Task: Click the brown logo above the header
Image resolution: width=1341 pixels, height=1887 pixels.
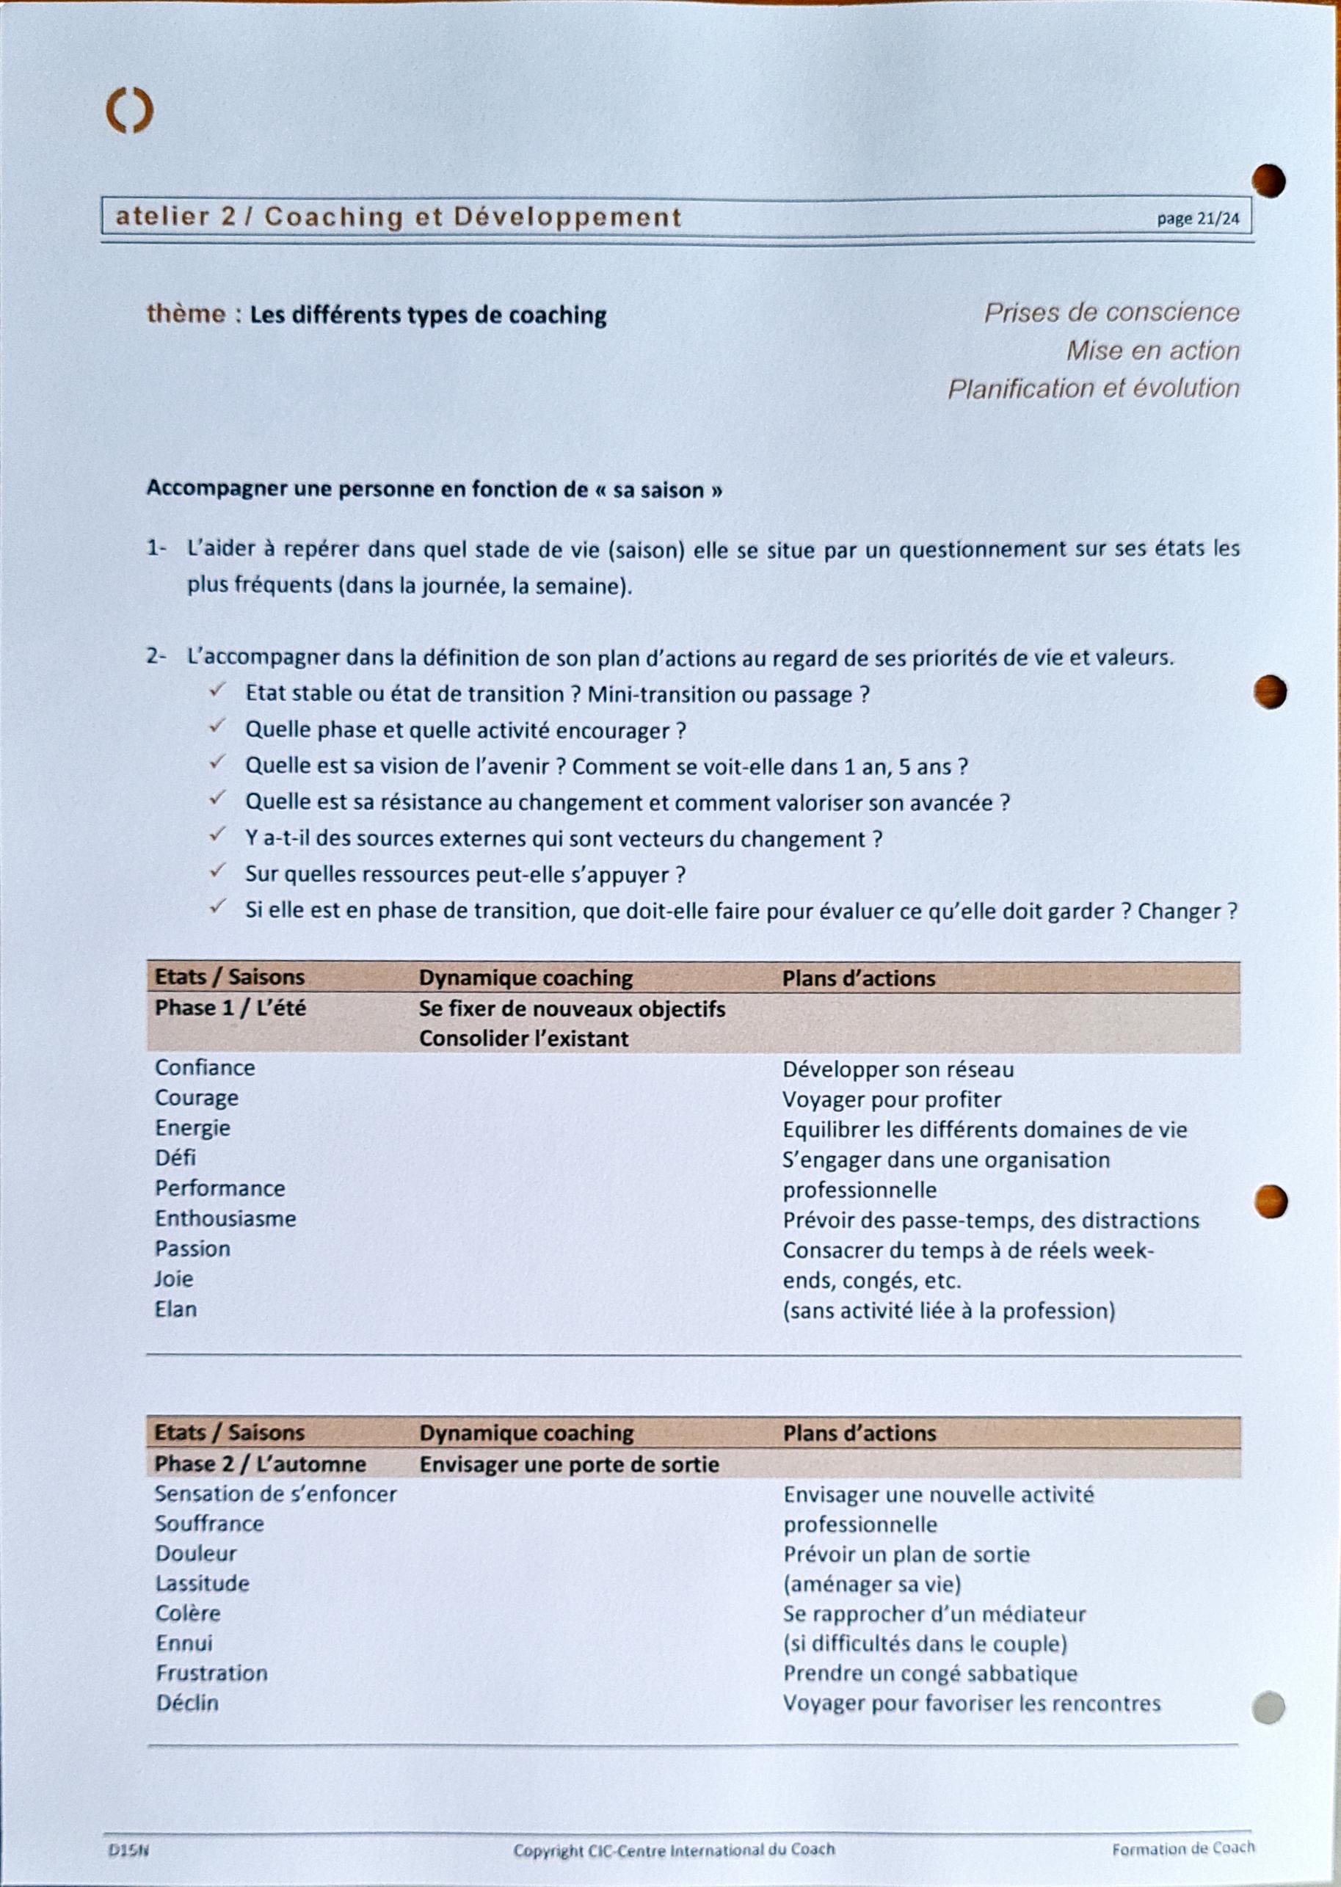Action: (130, 111)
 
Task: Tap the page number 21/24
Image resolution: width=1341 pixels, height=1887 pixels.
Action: (1197, 219)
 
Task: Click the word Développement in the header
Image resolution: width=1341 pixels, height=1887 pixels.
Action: (567, 217)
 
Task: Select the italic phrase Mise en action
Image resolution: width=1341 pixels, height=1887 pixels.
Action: (1152, 351)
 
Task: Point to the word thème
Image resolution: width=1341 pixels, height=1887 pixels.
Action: (186, 314)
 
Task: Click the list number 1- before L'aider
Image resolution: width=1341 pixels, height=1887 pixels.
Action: (156, 549)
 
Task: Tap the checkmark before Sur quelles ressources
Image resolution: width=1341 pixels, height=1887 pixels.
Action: (217, 872)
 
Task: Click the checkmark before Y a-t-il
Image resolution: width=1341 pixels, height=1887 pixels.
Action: (217, 835)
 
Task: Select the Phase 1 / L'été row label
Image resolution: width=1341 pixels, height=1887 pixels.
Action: (230, 1008)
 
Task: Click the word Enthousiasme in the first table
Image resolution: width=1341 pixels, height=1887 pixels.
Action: (225, 1218)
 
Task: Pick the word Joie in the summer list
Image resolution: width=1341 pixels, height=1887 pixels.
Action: (174, 1279)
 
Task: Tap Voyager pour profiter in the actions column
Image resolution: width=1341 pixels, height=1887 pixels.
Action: (892, 1099)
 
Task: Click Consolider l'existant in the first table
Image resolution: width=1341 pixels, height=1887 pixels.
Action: (523, 1039)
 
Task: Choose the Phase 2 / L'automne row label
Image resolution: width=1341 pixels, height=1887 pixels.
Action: (260, 1464)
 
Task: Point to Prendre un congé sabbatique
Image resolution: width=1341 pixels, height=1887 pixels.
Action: (930, 1673)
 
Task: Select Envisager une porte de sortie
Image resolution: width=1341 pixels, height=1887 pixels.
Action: (569, 1464)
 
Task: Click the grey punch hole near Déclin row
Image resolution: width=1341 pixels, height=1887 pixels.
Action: (1268, 1707)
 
